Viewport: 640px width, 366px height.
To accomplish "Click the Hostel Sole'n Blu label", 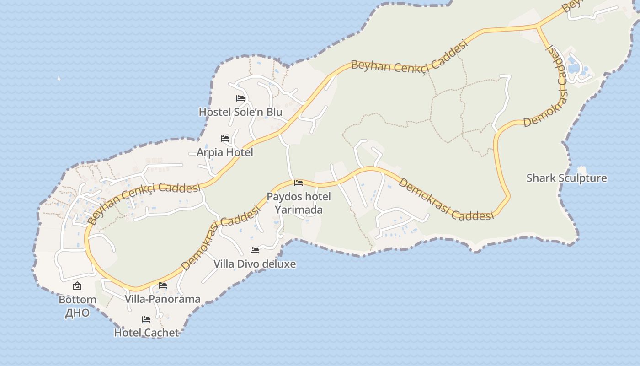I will pyautogui.click(x=240, y=112).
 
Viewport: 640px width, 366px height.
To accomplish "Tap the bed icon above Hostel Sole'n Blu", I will pyautogui.click(x=240, y=98).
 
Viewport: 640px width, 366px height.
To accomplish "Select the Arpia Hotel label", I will pyautogui.click(x=225, y=152).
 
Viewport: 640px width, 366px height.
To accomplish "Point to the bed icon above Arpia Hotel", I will pyautogui.click(x=225, y=138).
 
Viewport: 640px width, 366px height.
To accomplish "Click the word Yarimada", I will pyautogui.click(x=299, y=210).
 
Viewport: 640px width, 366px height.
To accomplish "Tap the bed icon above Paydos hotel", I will pyautogui.click(x=299, y=183).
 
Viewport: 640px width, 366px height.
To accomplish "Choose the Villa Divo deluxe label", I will pyautogui.click(x=255, y=264).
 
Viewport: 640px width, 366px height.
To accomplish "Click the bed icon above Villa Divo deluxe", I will pyautogui.click(x=255, y=250).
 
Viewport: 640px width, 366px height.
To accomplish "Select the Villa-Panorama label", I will pyautogui.click(x=163, y=299).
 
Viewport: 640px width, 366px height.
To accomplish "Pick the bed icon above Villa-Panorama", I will pyautogui.click(x=163, y=285).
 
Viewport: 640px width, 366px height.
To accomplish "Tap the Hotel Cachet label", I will pyautogui.click(x=146, y=333).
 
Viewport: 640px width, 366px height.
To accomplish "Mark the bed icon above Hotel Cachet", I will pyautogui.click(x=146, y=319).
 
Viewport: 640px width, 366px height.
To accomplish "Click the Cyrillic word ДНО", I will pyautogui.click(x=77, y=313).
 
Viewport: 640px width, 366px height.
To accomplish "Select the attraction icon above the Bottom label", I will pyautogui.click(x=77, y=286).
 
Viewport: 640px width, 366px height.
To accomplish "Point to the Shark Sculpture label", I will pyautogui.click(x=567, y=178).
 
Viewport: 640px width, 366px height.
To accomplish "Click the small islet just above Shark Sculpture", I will pyautogui.click(x=581, y=169).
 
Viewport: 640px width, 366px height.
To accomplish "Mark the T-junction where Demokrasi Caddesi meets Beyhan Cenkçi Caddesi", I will pyautogui.click(x=538, y=27).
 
